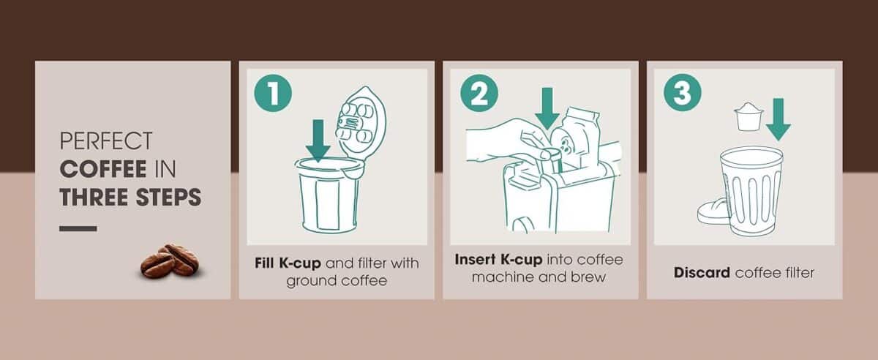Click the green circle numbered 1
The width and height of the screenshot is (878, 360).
click(273, 94)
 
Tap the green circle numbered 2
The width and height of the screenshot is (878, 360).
click(479, 94)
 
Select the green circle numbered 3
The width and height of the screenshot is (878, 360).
click(682, 94)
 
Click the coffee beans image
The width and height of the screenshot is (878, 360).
click(168, 261)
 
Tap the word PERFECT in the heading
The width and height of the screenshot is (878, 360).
click(106, 140)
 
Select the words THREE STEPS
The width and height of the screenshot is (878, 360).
click(130, 198)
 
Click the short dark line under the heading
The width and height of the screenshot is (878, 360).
click(78, 229)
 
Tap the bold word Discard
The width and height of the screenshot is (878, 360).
click(702, 273)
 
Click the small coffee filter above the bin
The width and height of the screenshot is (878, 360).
click(748, 116)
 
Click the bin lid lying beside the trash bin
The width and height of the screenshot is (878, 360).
click(710, 211)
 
